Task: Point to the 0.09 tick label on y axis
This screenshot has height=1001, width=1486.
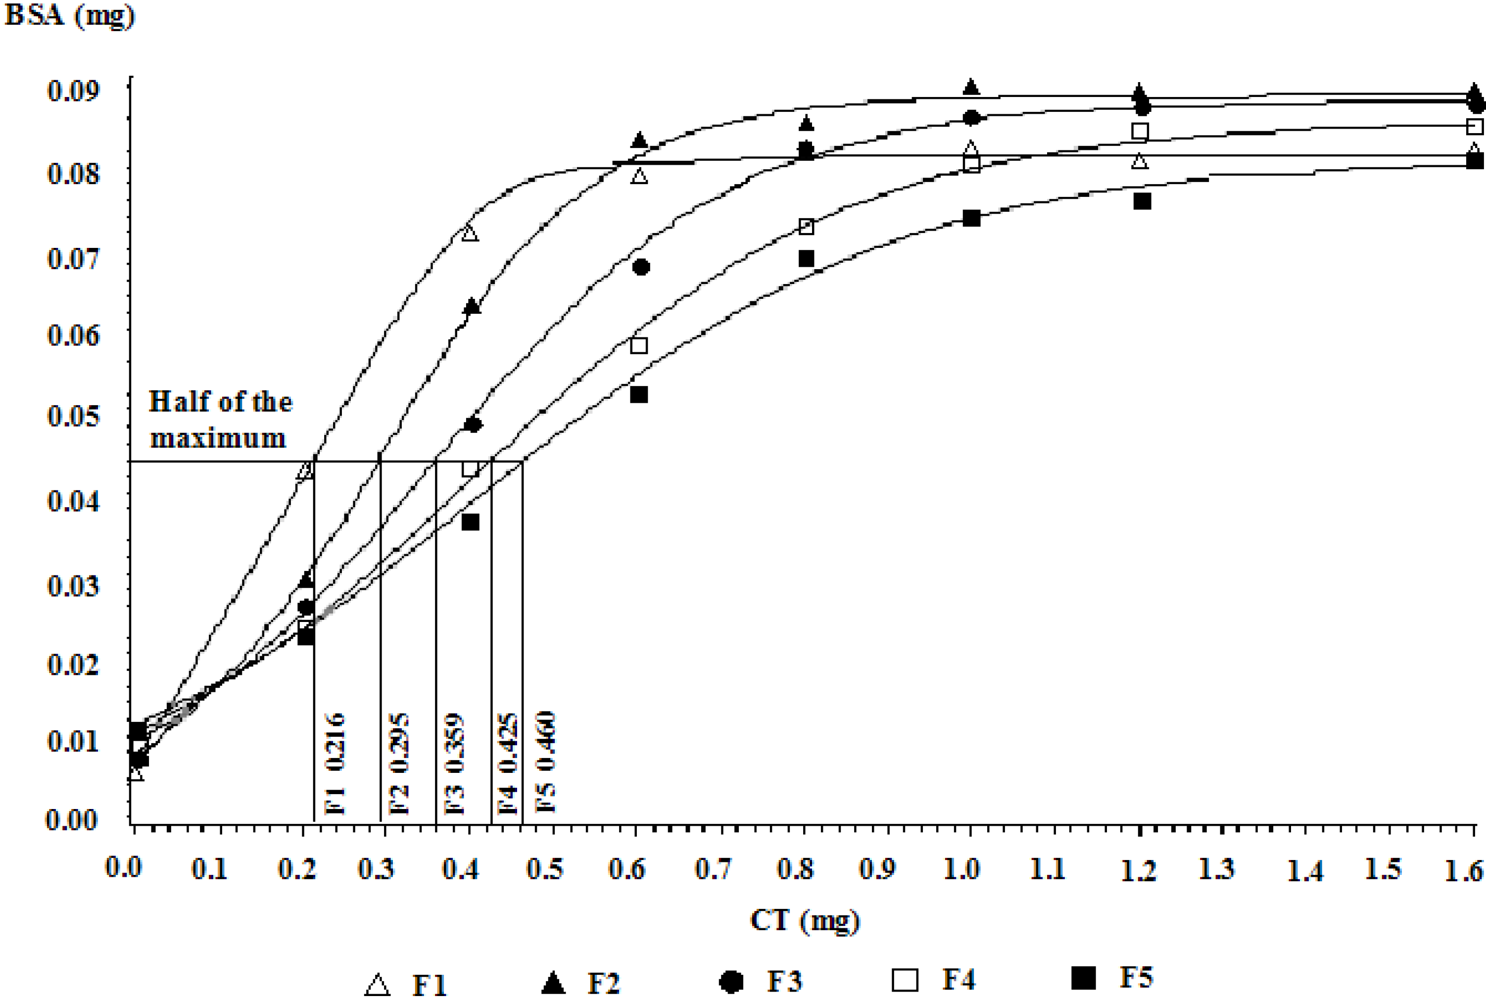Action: point(73,91)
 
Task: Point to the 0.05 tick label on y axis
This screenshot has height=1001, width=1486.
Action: point(73,416)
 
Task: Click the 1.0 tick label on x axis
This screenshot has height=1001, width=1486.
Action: point(961,869)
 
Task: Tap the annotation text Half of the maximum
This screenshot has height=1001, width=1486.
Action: point(220,420)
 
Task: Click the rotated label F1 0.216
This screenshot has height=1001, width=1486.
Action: point(335,764)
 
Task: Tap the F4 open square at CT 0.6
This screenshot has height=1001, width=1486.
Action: point(639,346)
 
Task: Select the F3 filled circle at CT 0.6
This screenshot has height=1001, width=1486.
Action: point(641,267)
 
